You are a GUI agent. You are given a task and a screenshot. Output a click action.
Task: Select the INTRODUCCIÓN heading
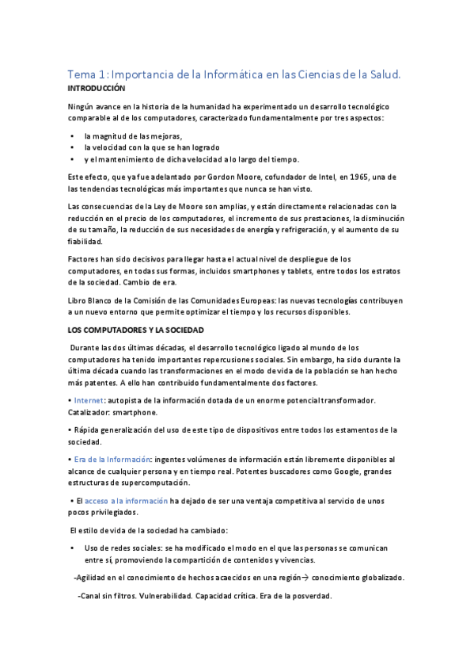(x=97, y=89)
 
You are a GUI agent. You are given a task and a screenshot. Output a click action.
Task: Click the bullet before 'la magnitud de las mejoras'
(x=72, y=136)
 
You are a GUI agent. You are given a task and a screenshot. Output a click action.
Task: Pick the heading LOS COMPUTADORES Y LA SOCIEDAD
(x=136, y=329)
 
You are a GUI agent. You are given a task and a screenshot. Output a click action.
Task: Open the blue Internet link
(x=89, y=400)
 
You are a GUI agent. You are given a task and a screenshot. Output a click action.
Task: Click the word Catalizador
(x=90, y=412)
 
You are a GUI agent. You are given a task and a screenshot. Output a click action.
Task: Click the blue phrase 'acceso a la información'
(x=126, y=501)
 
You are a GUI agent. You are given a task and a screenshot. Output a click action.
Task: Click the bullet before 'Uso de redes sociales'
(x=72, y=548)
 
